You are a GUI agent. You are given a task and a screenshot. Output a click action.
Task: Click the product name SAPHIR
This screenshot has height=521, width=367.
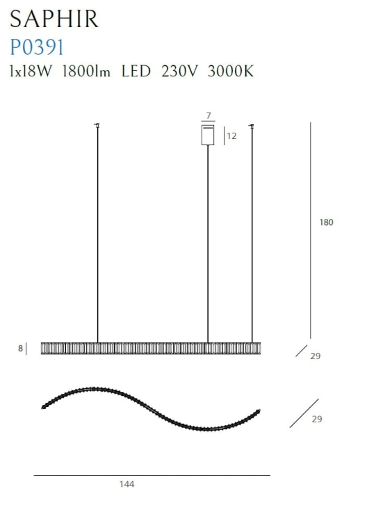pyautogui.click(x=54, y=19)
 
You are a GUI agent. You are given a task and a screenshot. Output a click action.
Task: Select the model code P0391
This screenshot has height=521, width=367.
pyautogui.click(x=37, y=47)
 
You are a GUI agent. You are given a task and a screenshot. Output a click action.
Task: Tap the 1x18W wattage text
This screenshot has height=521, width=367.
pyautogui.click(x=31, y=71)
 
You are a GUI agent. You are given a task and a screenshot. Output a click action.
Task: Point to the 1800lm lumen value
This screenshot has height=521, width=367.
pyautogui.click(x=86, y=71)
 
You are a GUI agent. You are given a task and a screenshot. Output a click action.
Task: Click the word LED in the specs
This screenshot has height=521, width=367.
pyautogui.click(x=136, y=71)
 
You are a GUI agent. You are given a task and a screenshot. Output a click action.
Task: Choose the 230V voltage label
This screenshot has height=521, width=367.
pyautogui.click(x=179, y=71)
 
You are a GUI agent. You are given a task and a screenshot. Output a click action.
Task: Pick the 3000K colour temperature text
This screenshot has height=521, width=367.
pyautogui.click(x=231, y=71)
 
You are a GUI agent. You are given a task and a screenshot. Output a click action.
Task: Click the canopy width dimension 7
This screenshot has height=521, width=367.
pyautogui.click(x=209, y=115)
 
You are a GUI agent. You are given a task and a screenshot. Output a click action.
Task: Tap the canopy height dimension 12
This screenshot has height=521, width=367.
pyautogui.click(x=231, y=136)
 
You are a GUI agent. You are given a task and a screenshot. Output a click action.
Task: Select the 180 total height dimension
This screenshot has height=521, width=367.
pyautogui.click(x=326, y=222)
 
